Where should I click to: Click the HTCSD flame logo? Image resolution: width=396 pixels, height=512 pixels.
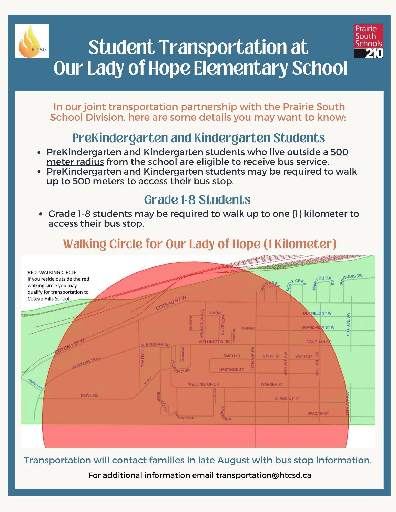point(32,41)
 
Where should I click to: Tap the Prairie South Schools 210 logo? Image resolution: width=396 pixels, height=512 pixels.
point(368,41)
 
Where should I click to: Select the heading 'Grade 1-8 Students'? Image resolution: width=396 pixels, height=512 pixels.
point(197,200)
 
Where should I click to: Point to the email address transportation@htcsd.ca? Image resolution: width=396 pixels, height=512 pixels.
point(264,475)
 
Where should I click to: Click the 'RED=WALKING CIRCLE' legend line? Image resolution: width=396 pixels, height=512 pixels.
point(52,272)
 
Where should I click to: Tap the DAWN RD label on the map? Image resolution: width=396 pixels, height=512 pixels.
point(90,395)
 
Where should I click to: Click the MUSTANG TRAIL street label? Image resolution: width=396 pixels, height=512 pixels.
point(87,363)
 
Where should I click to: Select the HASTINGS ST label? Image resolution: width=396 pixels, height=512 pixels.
point(231,369)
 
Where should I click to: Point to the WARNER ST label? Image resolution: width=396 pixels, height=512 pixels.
point(272,384)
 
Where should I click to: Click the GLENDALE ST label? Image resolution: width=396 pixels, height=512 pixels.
point(287,399)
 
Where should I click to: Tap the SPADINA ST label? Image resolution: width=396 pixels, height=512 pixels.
point(318,413)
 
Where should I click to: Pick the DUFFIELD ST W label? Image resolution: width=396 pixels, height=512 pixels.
point(317,313)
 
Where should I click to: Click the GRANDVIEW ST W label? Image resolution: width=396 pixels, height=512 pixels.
point(318,327)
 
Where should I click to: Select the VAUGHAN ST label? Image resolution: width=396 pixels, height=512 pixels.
point(319,342)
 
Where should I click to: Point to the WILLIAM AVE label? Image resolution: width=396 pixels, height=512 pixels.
point(142,356)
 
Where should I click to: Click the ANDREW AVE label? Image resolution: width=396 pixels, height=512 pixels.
point(35,384)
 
